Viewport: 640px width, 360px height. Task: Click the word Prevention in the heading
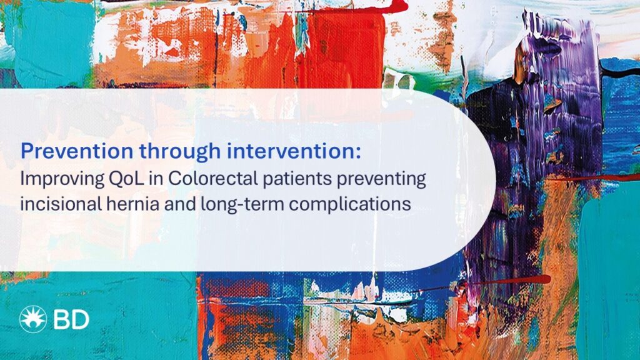pos(66,151)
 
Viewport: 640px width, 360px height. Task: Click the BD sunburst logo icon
pos(32,319)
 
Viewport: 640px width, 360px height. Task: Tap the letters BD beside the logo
pos(71,320)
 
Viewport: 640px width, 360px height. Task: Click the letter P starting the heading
pos(26,151)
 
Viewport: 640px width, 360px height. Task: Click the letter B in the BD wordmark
pos(62,320)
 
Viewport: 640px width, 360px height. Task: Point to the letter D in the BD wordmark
pos(79,320)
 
